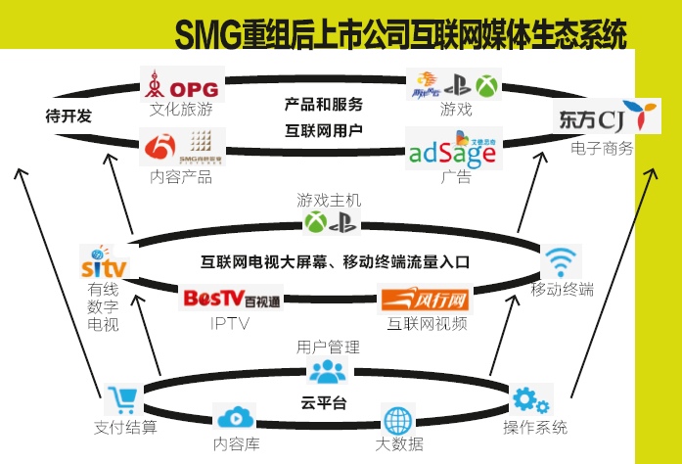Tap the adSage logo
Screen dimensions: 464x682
pos(453,149)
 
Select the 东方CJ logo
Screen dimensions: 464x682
pos(602,118)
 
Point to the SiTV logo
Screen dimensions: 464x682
pos(102,263)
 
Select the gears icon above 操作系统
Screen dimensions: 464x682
pos(530,399)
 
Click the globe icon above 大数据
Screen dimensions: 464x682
pos(399,421)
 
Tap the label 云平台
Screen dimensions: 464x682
pos(324,402)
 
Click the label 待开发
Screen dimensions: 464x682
pos(68,116)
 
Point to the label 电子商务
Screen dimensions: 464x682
pos(603,149)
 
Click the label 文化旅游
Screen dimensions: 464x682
pos(181,110)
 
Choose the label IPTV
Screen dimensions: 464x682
pos(231,323)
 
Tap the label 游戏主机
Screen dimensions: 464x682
pos(329,200)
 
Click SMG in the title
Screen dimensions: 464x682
pos(209,37)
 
